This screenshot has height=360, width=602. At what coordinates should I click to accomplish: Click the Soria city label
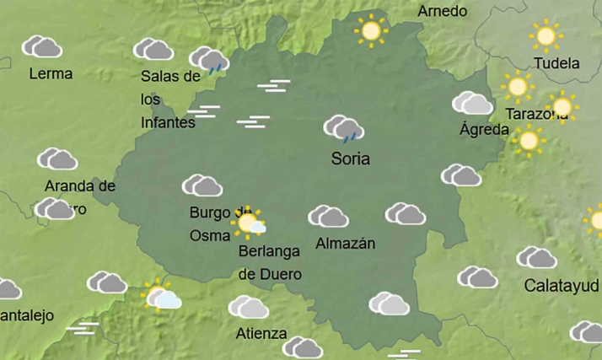(351, 159)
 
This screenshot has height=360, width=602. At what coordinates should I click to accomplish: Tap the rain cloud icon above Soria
(344, 129)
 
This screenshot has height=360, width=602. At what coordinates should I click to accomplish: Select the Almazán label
(345, 244)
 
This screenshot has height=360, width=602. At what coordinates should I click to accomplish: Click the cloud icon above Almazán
(328, 217)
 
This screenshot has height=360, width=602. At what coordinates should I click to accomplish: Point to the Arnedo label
(443, 12)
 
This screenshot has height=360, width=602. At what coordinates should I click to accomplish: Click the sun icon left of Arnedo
(370, 31)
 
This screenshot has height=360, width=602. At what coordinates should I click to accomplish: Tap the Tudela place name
(557, 63)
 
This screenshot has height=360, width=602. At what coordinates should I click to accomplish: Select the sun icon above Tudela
(546, 36)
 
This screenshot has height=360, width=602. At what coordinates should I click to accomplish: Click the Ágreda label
(484, 130)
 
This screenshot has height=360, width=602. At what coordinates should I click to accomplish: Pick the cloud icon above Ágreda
(472, 104)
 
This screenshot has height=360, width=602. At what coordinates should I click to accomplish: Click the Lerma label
(51, 73)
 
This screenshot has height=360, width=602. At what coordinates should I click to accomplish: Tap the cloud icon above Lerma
(41, 46)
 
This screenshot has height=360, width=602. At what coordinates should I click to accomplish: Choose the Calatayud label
(562, 284)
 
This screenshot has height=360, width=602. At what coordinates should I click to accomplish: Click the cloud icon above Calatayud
(537, 257)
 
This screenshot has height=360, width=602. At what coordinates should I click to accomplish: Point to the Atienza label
(261, 332)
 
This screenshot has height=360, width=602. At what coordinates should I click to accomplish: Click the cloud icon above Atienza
(249, 307)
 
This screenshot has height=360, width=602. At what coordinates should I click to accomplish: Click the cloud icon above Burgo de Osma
(202, 185)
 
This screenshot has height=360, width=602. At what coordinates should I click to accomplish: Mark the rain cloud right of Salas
(209, 60)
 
